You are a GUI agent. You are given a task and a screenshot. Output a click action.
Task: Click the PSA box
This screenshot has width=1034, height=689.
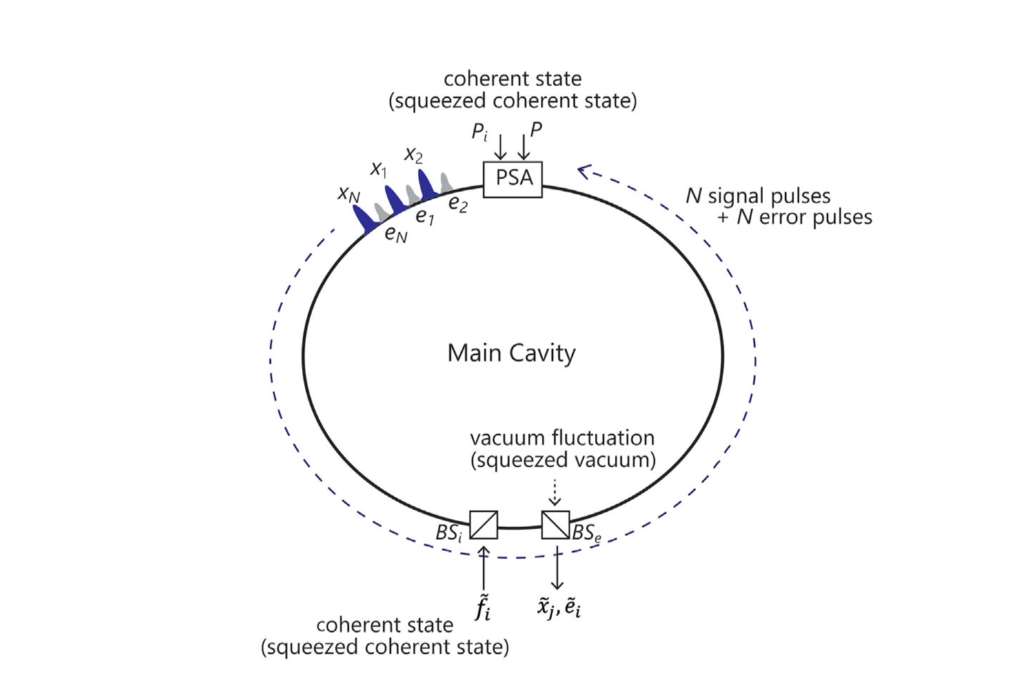point(513,179)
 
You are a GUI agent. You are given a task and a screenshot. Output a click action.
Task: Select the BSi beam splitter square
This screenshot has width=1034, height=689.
point(483,524)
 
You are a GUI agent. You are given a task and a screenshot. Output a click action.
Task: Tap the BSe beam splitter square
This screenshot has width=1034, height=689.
point(556,524)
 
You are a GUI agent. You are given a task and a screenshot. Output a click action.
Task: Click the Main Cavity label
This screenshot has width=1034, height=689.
point(511,353)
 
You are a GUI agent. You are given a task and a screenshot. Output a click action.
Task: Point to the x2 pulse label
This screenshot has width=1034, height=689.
point(413,154)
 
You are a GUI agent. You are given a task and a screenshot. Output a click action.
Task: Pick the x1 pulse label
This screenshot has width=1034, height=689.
point(378,168)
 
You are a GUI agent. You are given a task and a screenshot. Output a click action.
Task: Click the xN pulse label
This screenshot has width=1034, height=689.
point(349,194)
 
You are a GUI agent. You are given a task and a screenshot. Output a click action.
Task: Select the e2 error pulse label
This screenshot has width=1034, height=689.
point(458,204)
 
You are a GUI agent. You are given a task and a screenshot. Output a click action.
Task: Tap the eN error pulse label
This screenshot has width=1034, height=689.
point(396,235)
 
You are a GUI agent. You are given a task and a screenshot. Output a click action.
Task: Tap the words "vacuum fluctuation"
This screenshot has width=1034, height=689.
point(562,438)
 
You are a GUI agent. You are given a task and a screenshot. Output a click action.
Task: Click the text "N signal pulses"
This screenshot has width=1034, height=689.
point(758,196)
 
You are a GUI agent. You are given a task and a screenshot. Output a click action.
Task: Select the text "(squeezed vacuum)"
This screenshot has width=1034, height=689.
point(562,460)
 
